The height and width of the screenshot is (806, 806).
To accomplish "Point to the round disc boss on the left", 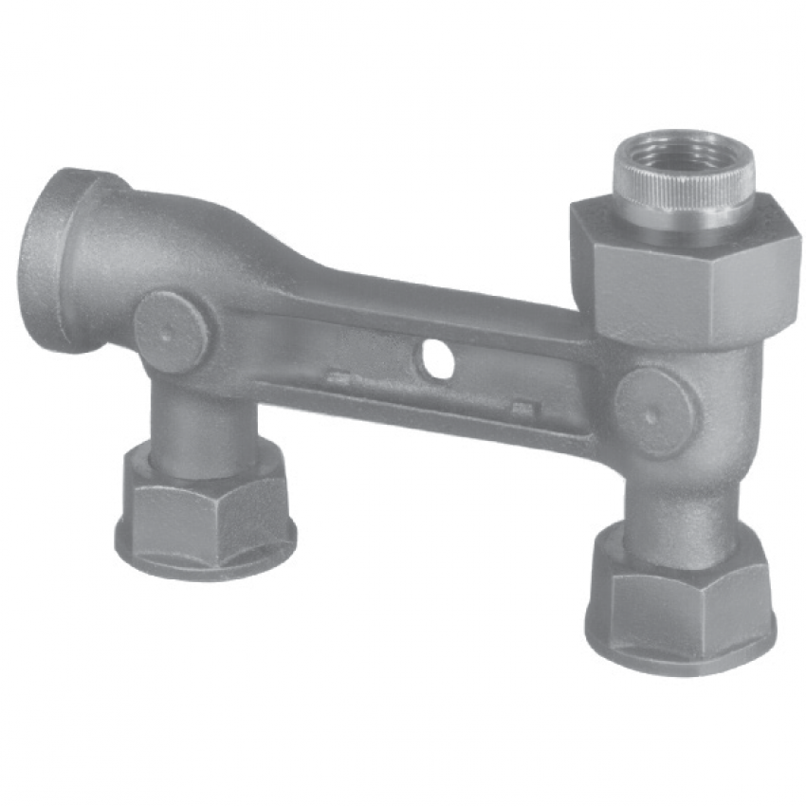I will pyautogui.click(x=172, y=330).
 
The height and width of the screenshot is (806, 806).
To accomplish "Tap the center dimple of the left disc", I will pyautogui.click(x=167, y=332).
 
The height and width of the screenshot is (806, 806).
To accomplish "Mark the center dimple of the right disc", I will pyautogui.click(x=650, y=414).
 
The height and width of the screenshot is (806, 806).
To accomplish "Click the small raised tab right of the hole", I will pyautogui.click(x=522, y=409).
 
